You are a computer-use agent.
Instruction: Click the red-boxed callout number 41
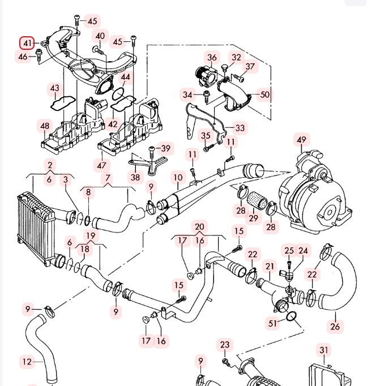click(x=27, y=43)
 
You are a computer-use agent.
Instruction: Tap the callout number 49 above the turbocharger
click(x=301, y=140)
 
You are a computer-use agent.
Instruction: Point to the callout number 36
click(x=212, y=57)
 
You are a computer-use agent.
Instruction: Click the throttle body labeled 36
click(x=206, y=76)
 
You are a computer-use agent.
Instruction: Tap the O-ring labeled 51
click(x=292, y=316)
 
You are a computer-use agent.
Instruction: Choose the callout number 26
click(x=335, y=327)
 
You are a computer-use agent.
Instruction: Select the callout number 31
click(x=324, y=350)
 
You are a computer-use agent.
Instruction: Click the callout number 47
click(x=101, y=165)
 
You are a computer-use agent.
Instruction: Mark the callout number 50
click(x=264, y=95)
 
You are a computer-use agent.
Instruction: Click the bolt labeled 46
click(x=39, y=55)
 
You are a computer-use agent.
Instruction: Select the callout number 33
click(x=240, y=128)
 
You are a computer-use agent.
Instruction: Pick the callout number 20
click(x=199, y=227)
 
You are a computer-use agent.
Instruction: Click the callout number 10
click(x=178, y=178)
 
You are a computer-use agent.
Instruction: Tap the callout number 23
click(x=225, y=345)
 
